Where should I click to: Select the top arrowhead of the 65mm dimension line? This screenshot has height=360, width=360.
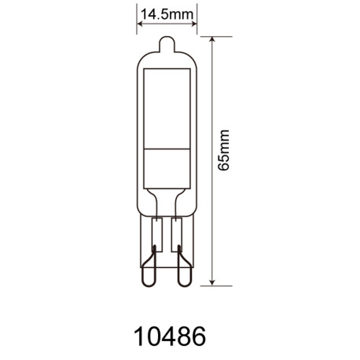(x=214, y=39)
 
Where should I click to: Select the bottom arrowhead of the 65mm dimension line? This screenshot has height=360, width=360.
(x=214, y=281)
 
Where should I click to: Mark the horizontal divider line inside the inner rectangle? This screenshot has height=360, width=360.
(x=167, y=147)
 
